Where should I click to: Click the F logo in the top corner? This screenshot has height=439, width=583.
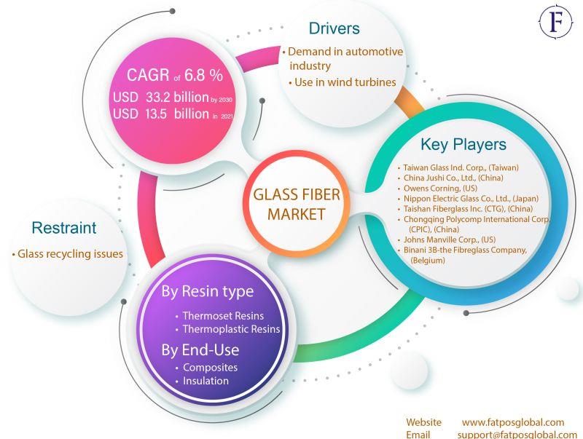click(556, 23)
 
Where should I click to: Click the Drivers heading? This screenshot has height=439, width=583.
click(334, 29)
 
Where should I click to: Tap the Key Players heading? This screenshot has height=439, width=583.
click(463, 144)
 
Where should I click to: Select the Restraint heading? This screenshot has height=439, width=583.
click(64, 228)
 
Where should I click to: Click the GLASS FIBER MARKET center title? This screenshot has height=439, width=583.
click(296, 205)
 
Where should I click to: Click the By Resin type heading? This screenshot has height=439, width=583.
click(208, 292)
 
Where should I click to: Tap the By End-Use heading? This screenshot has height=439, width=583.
click(199, 349)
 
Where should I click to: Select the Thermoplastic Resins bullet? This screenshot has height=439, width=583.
click(231, 329)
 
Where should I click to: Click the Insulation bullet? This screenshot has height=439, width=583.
click(206, 381)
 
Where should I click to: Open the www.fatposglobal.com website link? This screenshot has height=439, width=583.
click(513, 422)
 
